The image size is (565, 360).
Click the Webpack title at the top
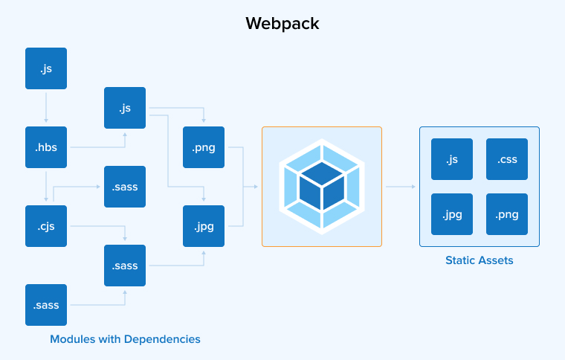282,24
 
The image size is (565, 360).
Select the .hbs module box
46,147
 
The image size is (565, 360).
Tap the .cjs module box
46,226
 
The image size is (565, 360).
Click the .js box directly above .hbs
46,68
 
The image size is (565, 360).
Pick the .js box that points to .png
125,108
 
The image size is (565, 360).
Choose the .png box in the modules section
204,147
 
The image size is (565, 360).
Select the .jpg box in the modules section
204,226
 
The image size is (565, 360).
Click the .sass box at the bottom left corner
46,305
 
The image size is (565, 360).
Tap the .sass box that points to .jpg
125,266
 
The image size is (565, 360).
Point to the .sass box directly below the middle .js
125,187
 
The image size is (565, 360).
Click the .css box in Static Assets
507,159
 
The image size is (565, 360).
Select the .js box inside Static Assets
452,159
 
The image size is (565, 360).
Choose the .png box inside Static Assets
507,214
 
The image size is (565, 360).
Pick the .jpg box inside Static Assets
452,214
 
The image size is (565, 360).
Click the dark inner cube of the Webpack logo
322,185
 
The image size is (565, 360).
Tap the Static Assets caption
480,261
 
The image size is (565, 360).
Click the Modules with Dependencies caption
125,339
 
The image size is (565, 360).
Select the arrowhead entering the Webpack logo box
255,187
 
